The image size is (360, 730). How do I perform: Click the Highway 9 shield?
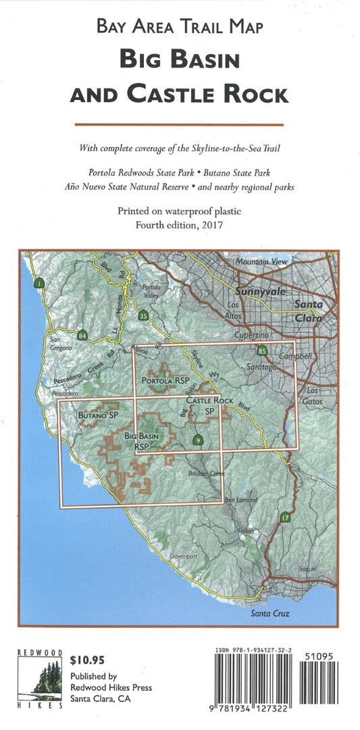click(197, 440)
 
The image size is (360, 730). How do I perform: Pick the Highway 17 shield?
click(286, 518)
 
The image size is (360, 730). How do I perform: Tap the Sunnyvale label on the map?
click(261, 292)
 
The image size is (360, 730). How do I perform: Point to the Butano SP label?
click(94, 415)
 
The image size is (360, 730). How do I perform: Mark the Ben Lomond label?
click(241, 500)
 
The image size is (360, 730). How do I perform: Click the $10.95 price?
click(86, 659)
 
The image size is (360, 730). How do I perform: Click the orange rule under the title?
click(179, 124)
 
